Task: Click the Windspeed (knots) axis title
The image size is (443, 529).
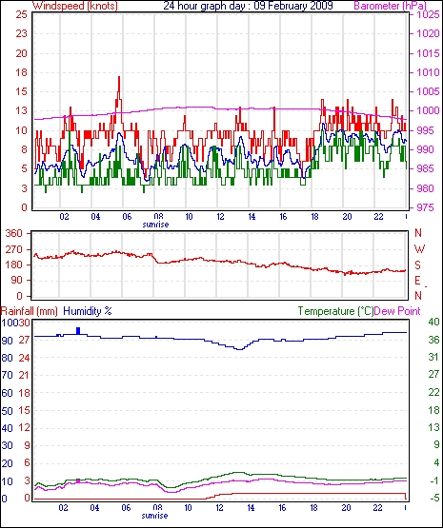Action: pyautogui.click(x=75, y=6)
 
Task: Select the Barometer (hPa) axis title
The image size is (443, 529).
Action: pyautogui.click(x=390, y=6)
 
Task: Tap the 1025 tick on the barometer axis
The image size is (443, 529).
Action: pyautogui.click(x=427, y=15)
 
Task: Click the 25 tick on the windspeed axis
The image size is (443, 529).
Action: pyautogui.click(x=21, y=15)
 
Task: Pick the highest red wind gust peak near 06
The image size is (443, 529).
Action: pyautogui.click(x=119, y=78)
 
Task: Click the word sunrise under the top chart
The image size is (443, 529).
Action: pyautogui.click(x=155, y=224)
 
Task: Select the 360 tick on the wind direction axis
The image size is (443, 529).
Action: pyautogui.click(x=14, y=233)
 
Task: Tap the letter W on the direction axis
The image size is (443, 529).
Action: pyautogui.click(x=419, y=249)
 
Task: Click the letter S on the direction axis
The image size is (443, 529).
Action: pyautogui.click(x=417, y=265)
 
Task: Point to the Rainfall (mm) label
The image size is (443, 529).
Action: pyautogui.click(x=30, y=311)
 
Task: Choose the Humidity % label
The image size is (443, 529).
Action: pyautogui.click(x=88, y=311)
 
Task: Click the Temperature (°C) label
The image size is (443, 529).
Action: pyautogui.click(x=335, y=311)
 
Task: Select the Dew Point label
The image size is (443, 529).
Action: pyautogui.click(x=397, y=311)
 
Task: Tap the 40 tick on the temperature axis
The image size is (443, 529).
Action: pyautogui.click(x=433, y=322)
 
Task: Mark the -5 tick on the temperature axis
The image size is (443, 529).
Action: pyautogui.click(x=433, y=498)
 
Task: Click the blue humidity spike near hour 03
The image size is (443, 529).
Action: pyautogui.click(x=78, y=331)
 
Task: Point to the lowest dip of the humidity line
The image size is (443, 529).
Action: pyautogui.click(x=239, y=349)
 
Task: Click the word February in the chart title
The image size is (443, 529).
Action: pyautogui.click(x=289, y=6)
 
